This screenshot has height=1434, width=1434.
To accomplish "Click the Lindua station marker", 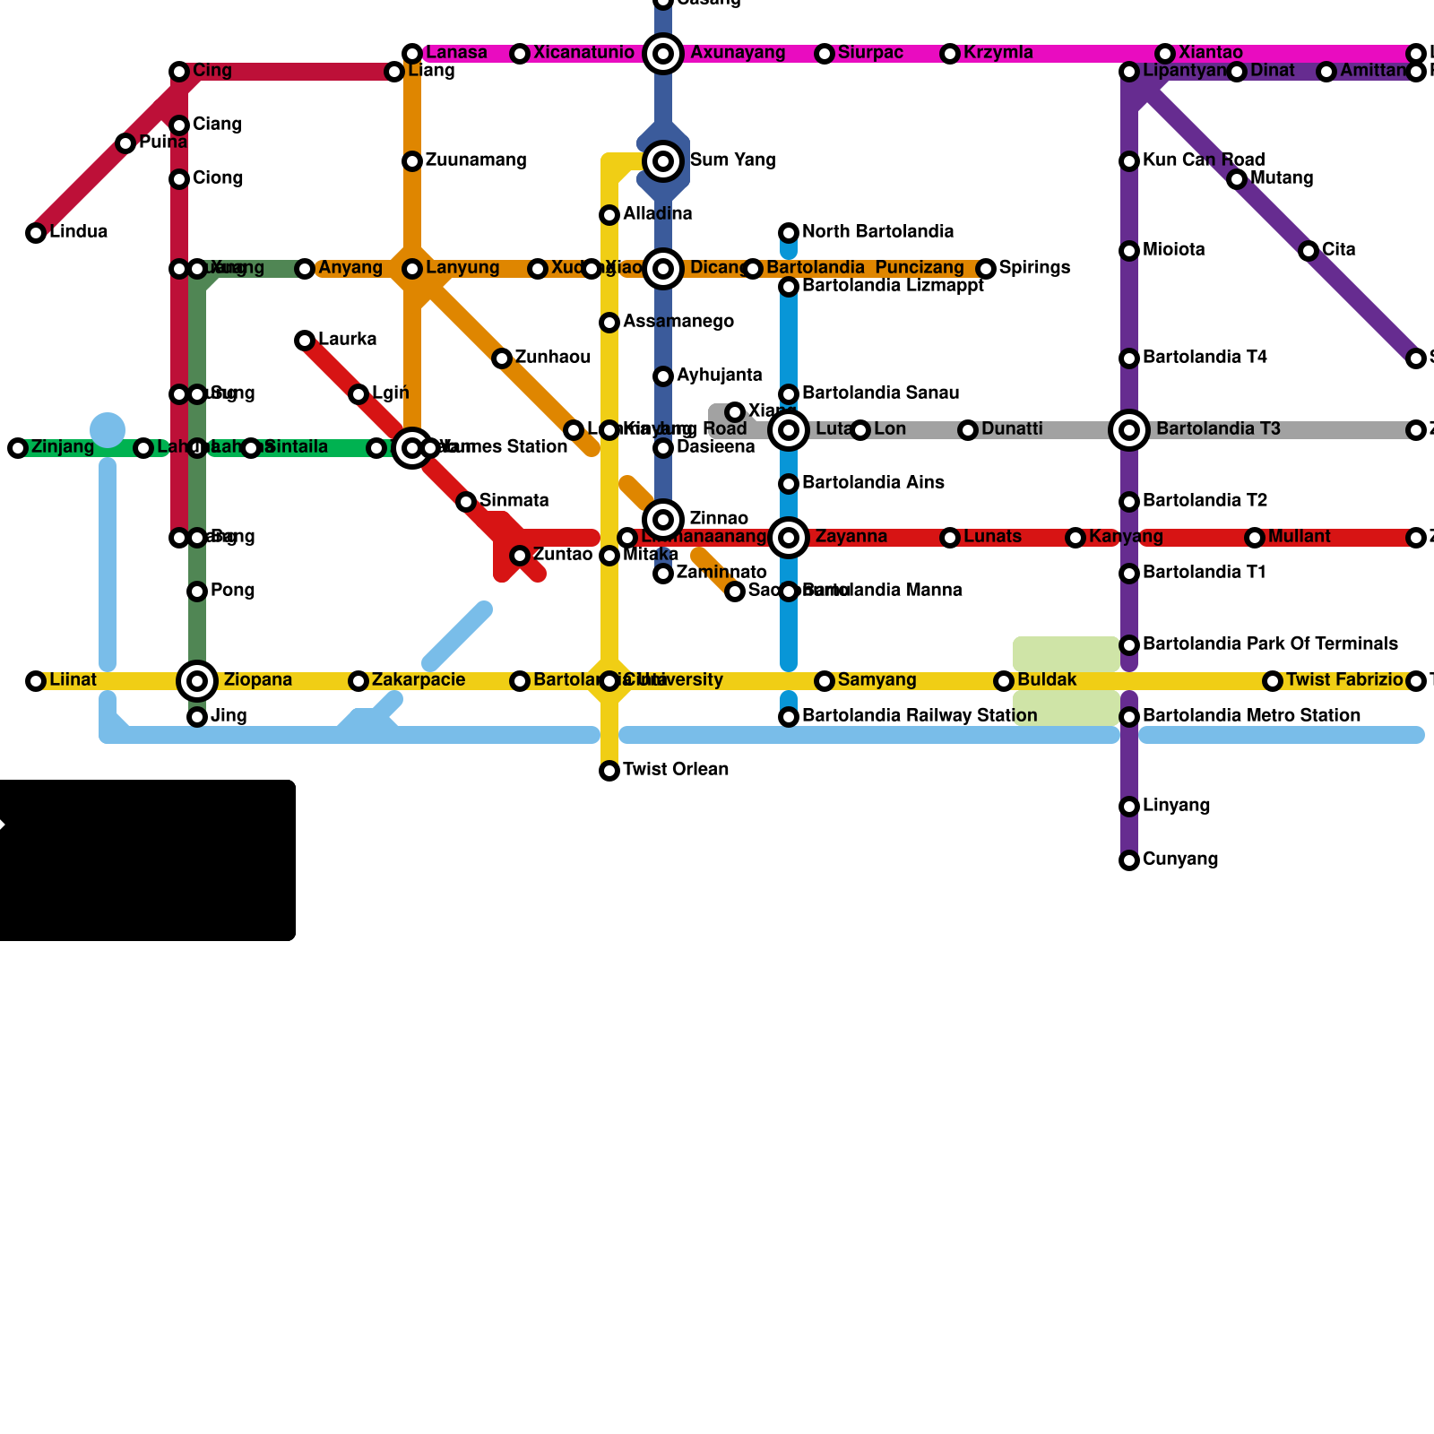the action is click(x=36, y=233).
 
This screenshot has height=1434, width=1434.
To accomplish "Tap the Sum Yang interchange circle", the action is click(x=663, y=161).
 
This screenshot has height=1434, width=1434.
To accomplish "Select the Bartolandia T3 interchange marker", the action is click(x=1129, y=430).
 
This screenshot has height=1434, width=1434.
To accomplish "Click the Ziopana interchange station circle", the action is click(x=197, y=681).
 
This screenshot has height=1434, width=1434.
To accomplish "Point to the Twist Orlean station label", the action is click(x=675, y=770).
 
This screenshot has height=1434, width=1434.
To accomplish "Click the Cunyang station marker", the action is click(x=1129, y=860).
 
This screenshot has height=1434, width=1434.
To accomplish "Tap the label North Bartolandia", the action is click(x=877, y=232).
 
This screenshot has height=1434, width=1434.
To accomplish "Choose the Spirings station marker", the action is click(x=986, y=269).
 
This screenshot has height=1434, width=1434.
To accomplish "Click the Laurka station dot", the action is click(x=305, y=341).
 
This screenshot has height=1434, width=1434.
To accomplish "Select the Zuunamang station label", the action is click(x=475, y=160).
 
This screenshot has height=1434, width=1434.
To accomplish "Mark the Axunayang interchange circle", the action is click(x=663, y=54).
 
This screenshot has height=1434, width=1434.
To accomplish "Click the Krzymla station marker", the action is click(x=950, y=54).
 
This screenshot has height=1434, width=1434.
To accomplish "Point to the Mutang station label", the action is click(x=1282, y=178).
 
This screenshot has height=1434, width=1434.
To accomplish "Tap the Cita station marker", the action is click(x=1309, y=251).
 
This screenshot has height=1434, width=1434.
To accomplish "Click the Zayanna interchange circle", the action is click(x=789, y=538).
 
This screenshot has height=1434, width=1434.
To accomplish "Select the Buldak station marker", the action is click(x=1004, y=681).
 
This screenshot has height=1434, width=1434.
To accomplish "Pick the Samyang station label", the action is click(x=877, y=680).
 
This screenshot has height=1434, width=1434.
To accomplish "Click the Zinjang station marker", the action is click(x=18, y=448).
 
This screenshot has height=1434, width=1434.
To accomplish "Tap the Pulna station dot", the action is click(x=125, y=143).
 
